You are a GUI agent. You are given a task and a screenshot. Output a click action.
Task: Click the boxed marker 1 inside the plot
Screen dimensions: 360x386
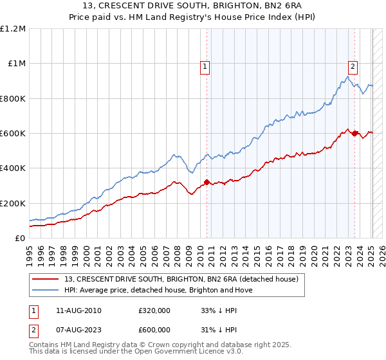click(205, 66)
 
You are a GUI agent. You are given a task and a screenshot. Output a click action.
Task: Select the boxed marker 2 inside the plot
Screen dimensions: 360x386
click(353, 66)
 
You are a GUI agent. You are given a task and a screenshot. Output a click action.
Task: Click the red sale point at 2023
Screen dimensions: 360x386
click(354, 133)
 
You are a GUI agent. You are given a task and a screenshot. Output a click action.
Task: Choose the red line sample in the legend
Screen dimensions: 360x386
click(46, 280)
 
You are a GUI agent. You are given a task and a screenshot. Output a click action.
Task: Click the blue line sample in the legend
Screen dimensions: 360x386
click(46, 290)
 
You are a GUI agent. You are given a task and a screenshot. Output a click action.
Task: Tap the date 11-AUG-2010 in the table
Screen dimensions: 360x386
click(78, 310)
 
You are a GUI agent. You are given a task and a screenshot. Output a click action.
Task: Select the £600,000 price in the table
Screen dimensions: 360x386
click(154, 329)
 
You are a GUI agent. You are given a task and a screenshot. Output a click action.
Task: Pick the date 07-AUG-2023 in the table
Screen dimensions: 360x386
click(78, 329)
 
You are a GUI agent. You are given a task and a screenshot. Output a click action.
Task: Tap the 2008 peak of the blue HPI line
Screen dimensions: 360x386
click(174, 154)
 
